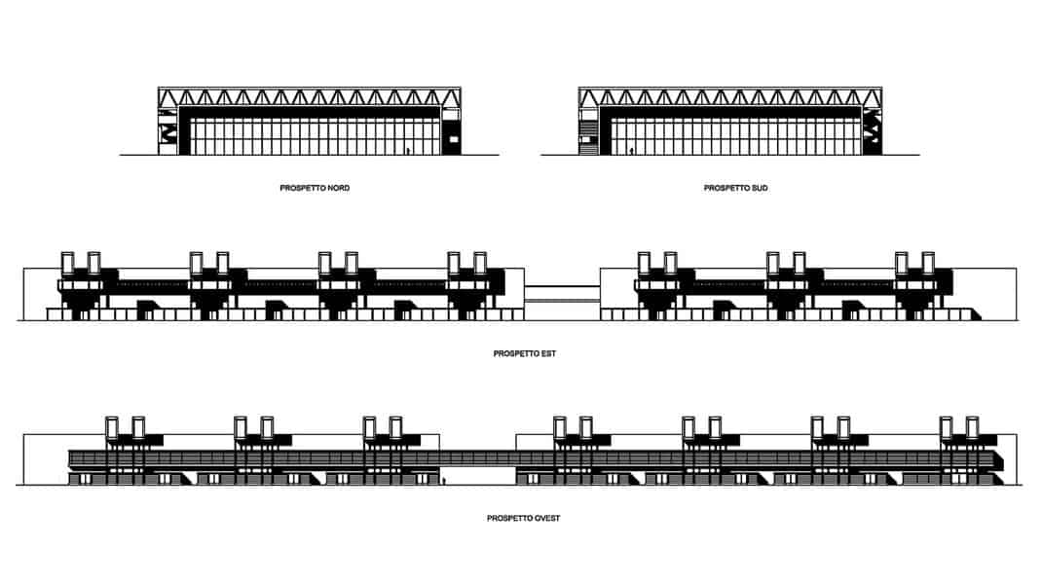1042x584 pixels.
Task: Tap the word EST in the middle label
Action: coord(547,353)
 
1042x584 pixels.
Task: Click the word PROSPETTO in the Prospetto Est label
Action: coord(515,353)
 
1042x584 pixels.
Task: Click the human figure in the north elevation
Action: coord(408,151)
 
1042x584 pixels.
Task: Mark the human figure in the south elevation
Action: coord(631,151)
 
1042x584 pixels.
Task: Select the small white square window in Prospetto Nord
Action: coord(455,139)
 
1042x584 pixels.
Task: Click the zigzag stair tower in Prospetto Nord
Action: coord(168,130)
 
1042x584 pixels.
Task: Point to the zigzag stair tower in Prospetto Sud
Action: coord(873,130)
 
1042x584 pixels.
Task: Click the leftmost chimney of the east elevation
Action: coord(67,263)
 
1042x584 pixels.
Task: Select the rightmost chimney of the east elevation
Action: coord(928,263)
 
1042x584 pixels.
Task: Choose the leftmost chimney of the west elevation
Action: coord(112,428)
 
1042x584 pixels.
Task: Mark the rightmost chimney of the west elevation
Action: coord(972,428)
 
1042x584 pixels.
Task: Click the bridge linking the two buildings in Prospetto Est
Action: coord(562,294)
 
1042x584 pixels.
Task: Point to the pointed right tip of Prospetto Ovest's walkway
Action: coord(1003,460)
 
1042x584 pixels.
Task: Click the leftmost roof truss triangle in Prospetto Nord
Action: coord(168,98)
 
